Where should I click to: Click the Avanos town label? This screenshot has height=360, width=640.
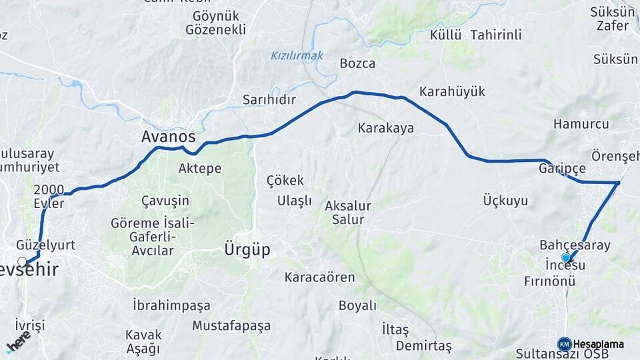pos(168,137)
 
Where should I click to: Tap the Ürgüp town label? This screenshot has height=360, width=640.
pos(247,250)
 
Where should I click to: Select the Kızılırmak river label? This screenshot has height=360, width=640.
pos(297,56)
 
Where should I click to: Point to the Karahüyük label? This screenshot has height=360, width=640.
pos(452,91)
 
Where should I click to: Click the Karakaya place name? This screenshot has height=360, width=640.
pos(386,127)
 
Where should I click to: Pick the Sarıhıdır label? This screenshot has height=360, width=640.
pos(269,99)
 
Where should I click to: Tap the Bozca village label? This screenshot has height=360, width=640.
pos(357,64)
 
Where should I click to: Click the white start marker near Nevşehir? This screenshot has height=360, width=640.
pos(23,261)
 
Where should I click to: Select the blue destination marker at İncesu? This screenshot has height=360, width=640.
pos(566,257)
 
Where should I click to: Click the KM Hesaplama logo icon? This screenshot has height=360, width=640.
pos(564,344)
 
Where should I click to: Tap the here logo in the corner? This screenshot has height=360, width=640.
pos(18,343)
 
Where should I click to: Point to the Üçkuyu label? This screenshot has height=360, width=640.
pos(505,200)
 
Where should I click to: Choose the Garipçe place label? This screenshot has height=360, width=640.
pos(562,169)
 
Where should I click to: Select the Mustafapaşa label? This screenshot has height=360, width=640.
pos(231,326)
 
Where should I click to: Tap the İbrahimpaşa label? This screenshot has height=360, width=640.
pos(171,305)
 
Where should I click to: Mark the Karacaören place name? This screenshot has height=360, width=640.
pos(319,277)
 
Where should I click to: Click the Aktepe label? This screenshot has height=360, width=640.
pos(199,169)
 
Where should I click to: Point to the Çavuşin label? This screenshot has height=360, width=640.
pos(165,201)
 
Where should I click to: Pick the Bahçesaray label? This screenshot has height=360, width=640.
pos(575,245)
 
